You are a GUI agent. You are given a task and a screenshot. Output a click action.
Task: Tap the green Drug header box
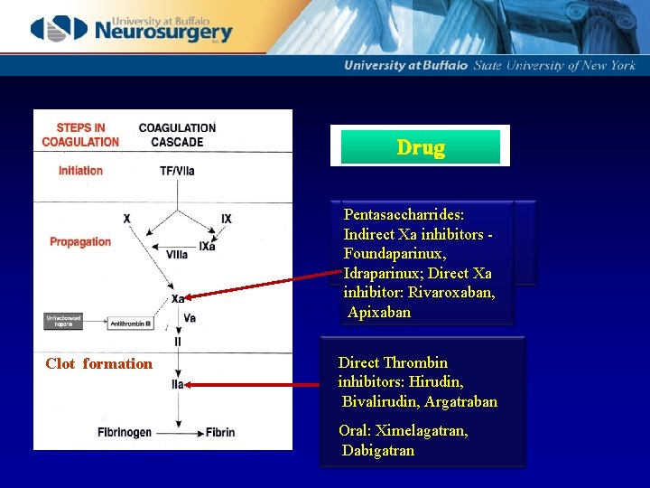point(420,147)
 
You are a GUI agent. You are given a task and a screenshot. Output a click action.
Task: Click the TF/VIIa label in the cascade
point(177,171)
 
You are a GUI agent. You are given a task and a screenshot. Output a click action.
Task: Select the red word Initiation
point(80,171)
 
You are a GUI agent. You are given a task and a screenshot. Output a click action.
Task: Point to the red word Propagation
point(80,242)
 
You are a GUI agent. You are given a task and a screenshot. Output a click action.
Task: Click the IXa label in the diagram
point(208,247)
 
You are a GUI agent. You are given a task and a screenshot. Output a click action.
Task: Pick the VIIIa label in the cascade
point(177,256)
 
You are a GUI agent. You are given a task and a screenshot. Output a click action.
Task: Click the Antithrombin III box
point(130,323)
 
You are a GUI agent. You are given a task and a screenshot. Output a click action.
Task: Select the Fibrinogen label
point(125,433)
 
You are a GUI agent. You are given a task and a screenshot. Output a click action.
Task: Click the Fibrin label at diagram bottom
point(219,433)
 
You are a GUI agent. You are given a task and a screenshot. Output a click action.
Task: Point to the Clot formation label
point(99,364)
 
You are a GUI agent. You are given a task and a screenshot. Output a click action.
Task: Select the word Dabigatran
point(378,450)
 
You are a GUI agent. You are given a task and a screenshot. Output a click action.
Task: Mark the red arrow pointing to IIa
point(257,384)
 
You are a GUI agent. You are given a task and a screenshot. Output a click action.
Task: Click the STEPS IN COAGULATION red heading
point(80,135)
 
